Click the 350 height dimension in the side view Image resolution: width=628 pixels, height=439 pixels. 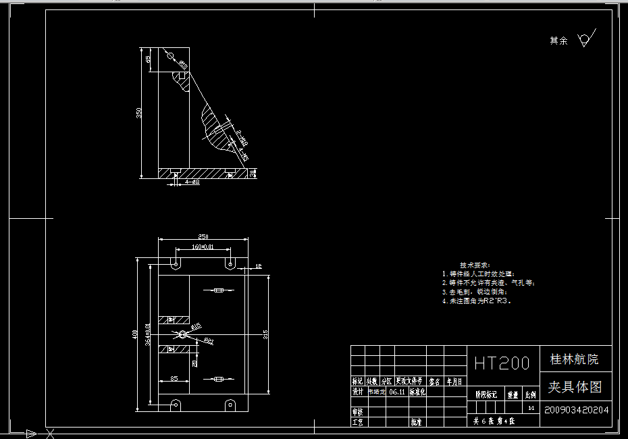coord(139,113)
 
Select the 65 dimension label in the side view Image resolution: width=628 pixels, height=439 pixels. coord(148,59)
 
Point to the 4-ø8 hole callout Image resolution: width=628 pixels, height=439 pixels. coord(192,182)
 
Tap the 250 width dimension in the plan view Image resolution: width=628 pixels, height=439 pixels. coord(203,236)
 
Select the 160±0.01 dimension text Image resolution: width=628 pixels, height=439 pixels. coord(203,247)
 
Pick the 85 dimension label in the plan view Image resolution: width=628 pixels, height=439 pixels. coord(174,379)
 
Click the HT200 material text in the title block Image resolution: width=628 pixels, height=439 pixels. coord(502,363)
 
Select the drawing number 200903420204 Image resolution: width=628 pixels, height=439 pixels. coord(576,409)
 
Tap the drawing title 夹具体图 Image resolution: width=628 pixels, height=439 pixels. coord(574,387)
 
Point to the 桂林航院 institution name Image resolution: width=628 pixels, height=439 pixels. coord(574,359)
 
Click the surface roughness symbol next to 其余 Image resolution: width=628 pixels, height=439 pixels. coord(585,39)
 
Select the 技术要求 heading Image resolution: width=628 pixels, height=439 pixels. coord(475,265)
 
